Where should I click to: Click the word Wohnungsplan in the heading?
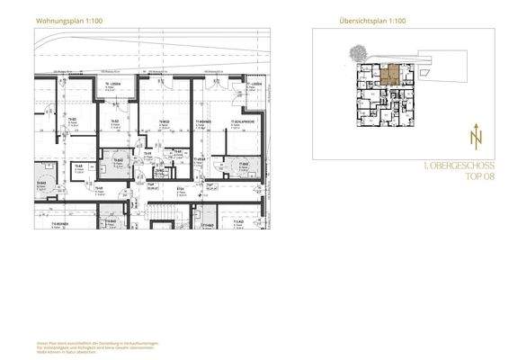(x=52, y=19)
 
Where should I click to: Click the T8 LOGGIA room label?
(x=112, y=85)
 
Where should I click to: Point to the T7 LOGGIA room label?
(x=254, y=85)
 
